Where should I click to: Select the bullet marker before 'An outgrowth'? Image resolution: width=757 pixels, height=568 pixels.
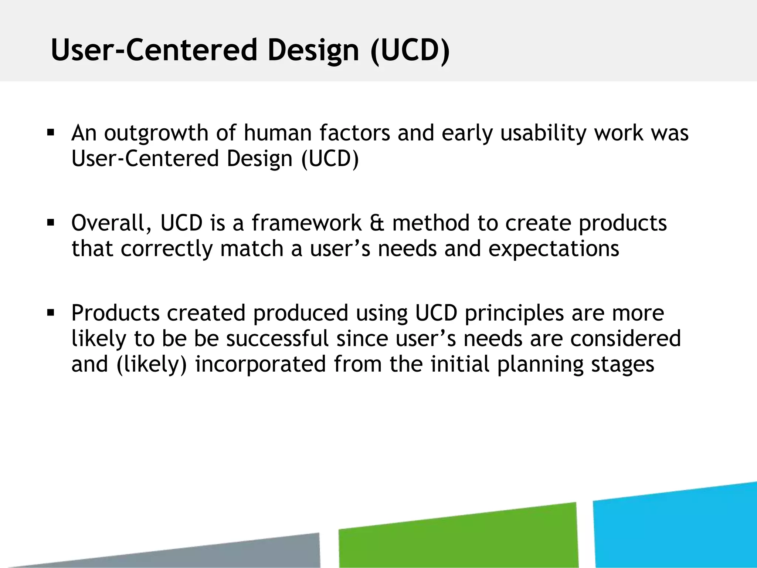coord(51,132)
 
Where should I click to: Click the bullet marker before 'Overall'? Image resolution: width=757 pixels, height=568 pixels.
coord(51,223)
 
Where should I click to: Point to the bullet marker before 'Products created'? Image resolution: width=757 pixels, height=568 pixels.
coord(51,313)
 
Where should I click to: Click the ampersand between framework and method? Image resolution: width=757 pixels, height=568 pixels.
coord(377,223)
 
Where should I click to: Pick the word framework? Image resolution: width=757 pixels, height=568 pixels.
coord(306,223)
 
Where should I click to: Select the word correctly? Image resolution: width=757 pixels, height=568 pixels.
coord(167,249)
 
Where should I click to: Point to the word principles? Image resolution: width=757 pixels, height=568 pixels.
coord(514,314)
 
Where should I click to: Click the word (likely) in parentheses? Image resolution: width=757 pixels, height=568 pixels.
coord(152,365)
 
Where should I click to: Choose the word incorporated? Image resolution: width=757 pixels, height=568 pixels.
coord(260,364)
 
